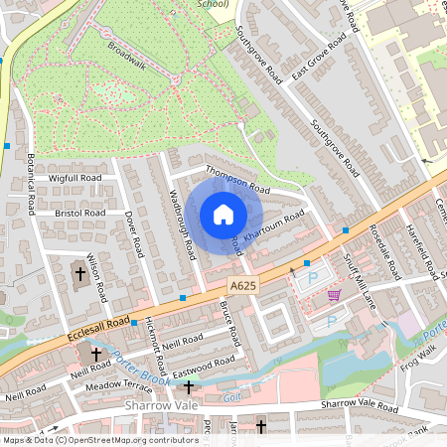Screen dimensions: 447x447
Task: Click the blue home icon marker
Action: [223, 215]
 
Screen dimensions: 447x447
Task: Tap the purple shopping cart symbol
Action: [334, 294]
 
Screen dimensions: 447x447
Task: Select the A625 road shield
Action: [241, 285]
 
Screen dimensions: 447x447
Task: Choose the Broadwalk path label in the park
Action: [127, 61]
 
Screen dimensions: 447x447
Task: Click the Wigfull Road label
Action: [75, 179]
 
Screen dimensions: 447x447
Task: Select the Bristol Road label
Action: [79, 213]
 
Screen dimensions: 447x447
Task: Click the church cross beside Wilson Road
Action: [79, 272]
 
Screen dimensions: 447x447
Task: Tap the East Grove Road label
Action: [320, 62]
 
